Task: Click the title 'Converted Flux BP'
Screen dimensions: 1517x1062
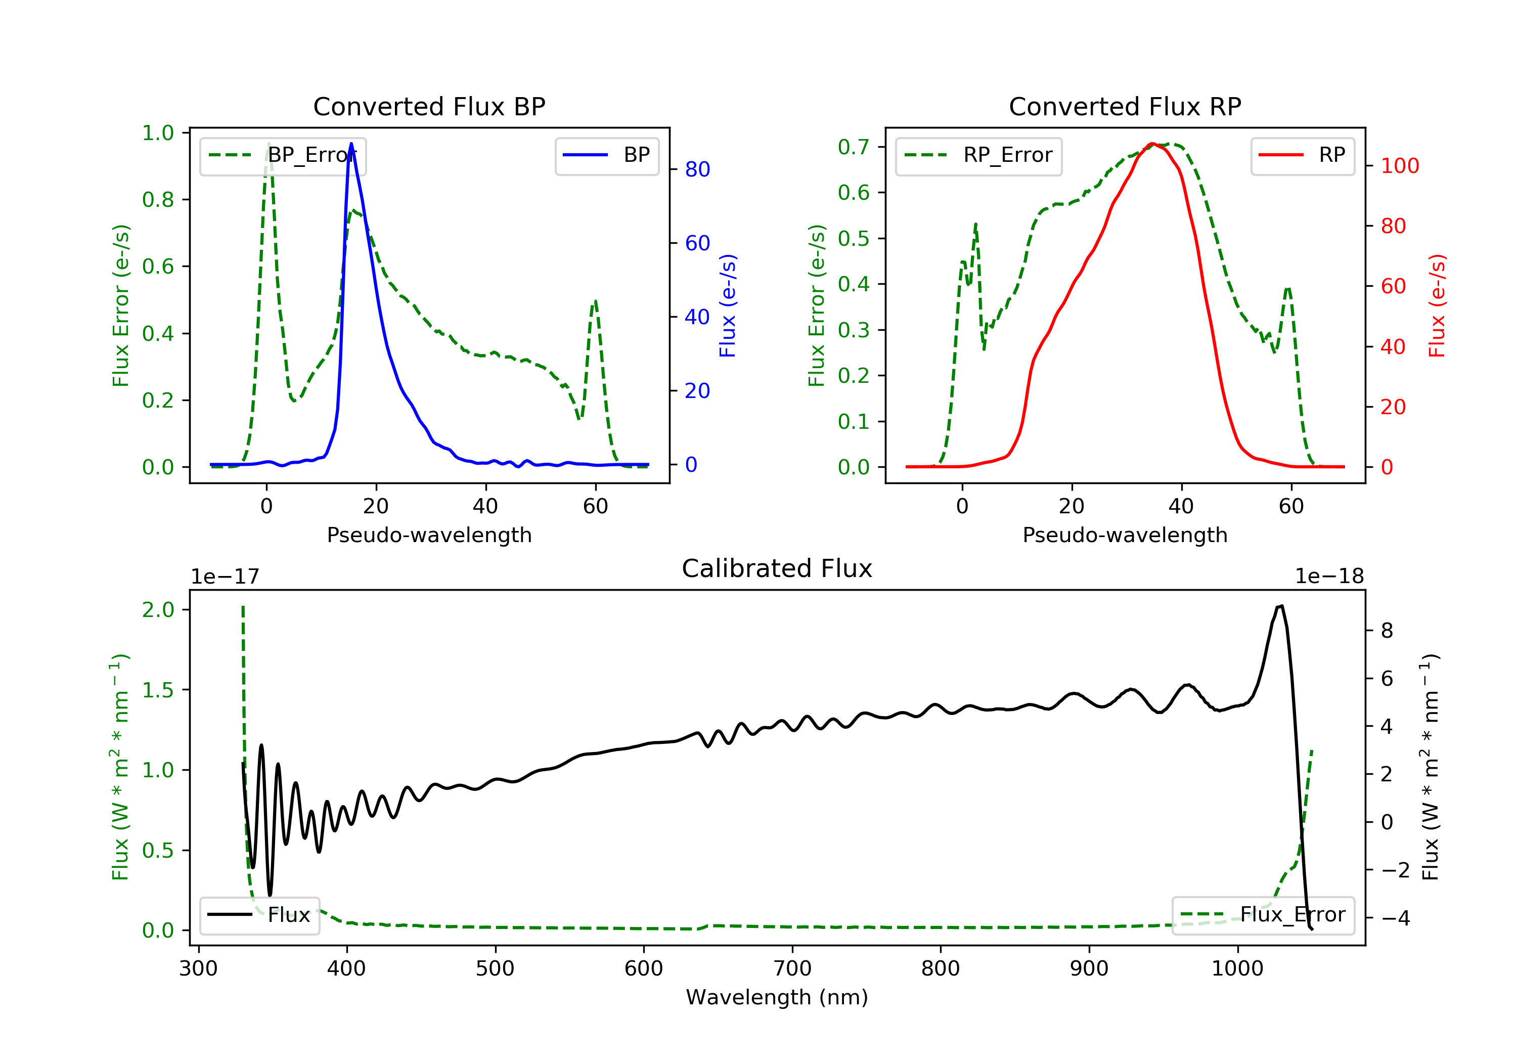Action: point(429,106)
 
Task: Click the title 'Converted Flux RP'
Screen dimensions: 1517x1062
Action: point(1125,106)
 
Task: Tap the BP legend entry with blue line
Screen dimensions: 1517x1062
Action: point(606,155)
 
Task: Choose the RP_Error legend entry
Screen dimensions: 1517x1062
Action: point(978,155)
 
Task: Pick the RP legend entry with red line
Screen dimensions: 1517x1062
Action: point(1302,155)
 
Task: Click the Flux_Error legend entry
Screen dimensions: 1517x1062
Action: point(1263,915)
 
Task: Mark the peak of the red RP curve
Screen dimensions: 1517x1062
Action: point(1151,144)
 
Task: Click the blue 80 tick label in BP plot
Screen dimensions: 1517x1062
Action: point(698,170)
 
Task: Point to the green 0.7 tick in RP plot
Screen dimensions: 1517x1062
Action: point(854,147)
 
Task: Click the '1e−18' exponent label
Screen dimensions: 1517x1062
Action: point(1329,577)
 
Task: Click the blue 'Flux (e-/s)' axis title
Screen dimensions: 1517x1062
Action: point(728,305)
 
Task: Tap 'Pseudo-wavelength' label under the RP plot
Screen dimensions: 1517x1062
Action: point(1125,535)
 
